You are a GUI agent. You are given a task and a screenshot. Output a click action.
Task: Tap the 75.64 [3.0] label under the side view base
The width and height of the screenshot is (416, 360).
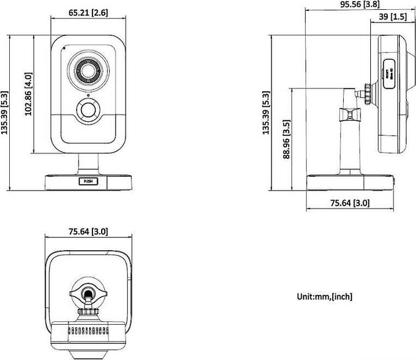[x=350, y=203]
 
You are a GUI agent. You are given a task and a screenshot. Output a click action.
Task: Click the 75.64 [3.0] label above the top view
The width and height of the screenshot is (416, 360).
[x=88, y=232]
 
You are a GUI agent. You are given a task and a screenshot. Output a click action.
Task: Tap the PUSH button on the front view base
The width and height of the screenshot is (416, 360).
[x=88, y=181]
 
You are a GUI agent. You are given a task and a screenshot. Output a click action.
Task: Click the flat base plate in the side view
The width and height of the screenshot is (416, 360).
[x=350, y=181]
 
